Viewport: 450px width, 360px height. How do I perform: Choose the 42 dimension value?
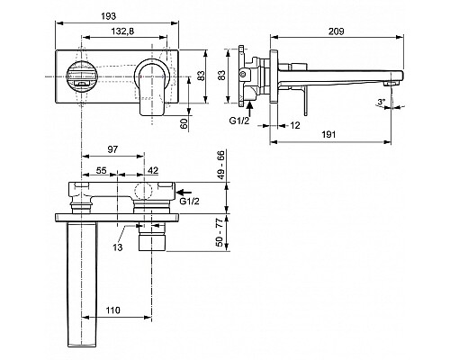(153, 170)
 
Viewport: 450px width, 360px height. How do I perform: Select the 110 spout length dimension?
(112, 310)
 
